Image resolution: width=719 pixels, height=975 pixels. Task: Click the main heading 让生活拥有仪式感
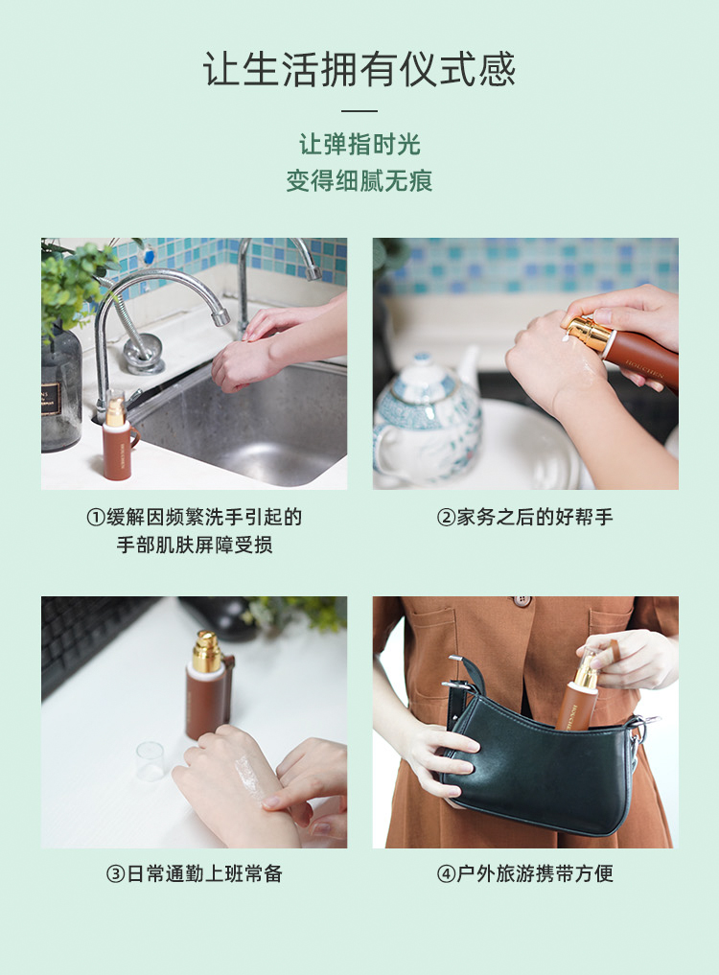click(x=359, y=70)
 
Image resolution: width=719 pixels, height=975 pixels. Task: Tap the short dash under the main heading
click(x=359, y=111)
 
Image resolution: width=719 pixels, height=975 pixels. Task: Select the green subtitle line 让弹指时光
click(x=359, y=145)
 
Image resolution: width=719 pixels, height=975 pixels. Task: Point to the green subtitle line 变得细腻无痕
click(x=359, y=180)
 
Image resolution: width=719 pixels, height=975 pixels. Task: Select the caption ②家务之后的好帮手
click(x=524, y=518)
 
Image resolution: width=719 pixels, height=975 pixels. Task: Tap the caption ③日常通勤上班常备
click(x=195, y=873)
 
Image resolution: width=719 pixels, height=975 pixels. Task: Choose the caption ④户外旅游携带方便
click(x=524, y=873)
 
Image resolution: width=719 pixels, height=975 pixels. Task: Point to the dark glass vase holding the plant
click(x=60, y=388)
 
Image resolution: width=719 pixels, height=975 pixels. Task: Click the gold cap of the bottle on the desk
click(x=206, y=652)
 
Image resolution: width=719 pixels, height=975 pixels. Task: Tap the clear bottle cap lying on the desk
click(x=150, y=761)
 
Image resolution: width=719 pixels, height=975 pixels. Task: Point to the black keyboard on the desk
click(x=81, y=638)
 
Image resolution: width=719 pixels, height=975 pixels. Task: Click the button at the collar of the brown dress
click(x=522, y=601)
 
